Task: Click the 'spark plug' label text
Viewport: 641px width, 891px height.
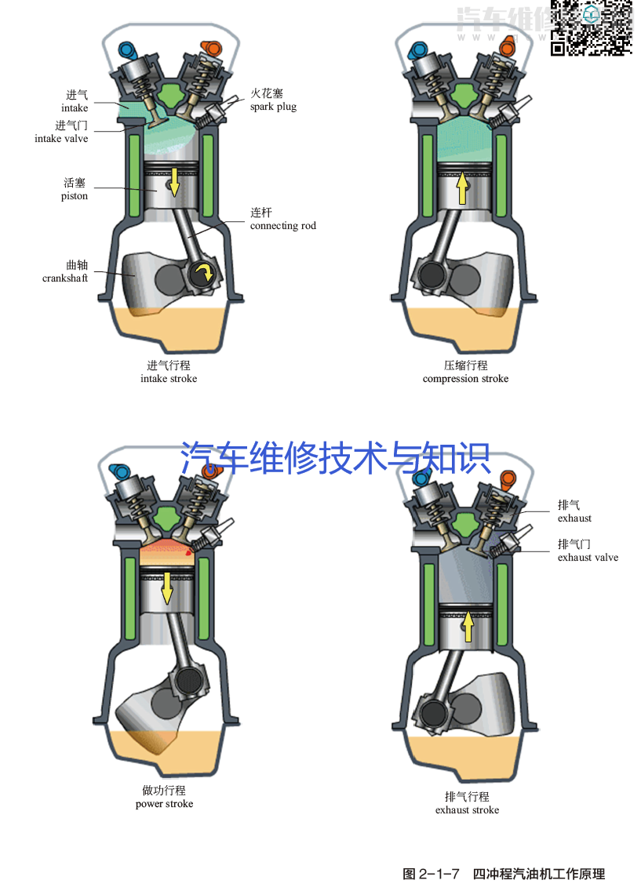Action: (273, 107)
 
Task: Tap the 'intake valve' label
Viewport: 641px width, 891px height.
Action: (61, 139)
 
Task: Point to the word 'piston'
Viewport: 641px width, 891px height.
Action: (75, 196)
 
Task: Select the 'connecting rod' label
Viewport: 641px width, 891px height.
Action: (283, 226)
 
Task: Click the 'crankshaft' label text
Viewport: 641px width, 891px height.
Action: (65, 278)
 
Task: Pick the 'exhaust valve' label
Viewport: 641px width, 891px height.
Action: (588, 558)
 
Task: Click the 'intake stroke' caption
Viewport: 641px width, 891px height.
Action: (169, 379)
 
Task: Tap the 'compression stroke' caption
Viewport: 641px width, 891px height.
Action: (465, 379)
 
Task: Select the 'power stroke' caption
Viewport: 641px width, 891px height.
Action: (164, 804)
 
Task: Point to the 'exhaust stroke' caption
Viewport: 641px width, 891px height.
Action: (467, 810)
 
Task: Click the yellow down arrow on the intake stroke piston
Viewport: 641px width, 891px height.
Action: (173, 183)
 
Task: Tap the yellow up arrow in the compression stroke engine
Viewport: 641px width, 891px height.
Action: (463, 188)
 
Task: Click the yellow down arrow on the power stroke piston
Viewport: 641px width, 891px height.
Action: (166, 587)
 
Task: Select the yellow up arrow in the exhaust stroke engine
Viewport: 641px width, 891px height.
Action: (468, 627)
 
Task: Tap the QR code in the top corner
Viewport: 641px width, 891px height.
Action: (592, 27)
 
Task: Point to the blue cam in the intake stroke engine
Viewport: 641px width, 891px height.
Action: (126, 49)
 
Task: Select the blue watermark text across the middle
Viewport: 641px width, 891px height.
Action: (335, 458)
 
